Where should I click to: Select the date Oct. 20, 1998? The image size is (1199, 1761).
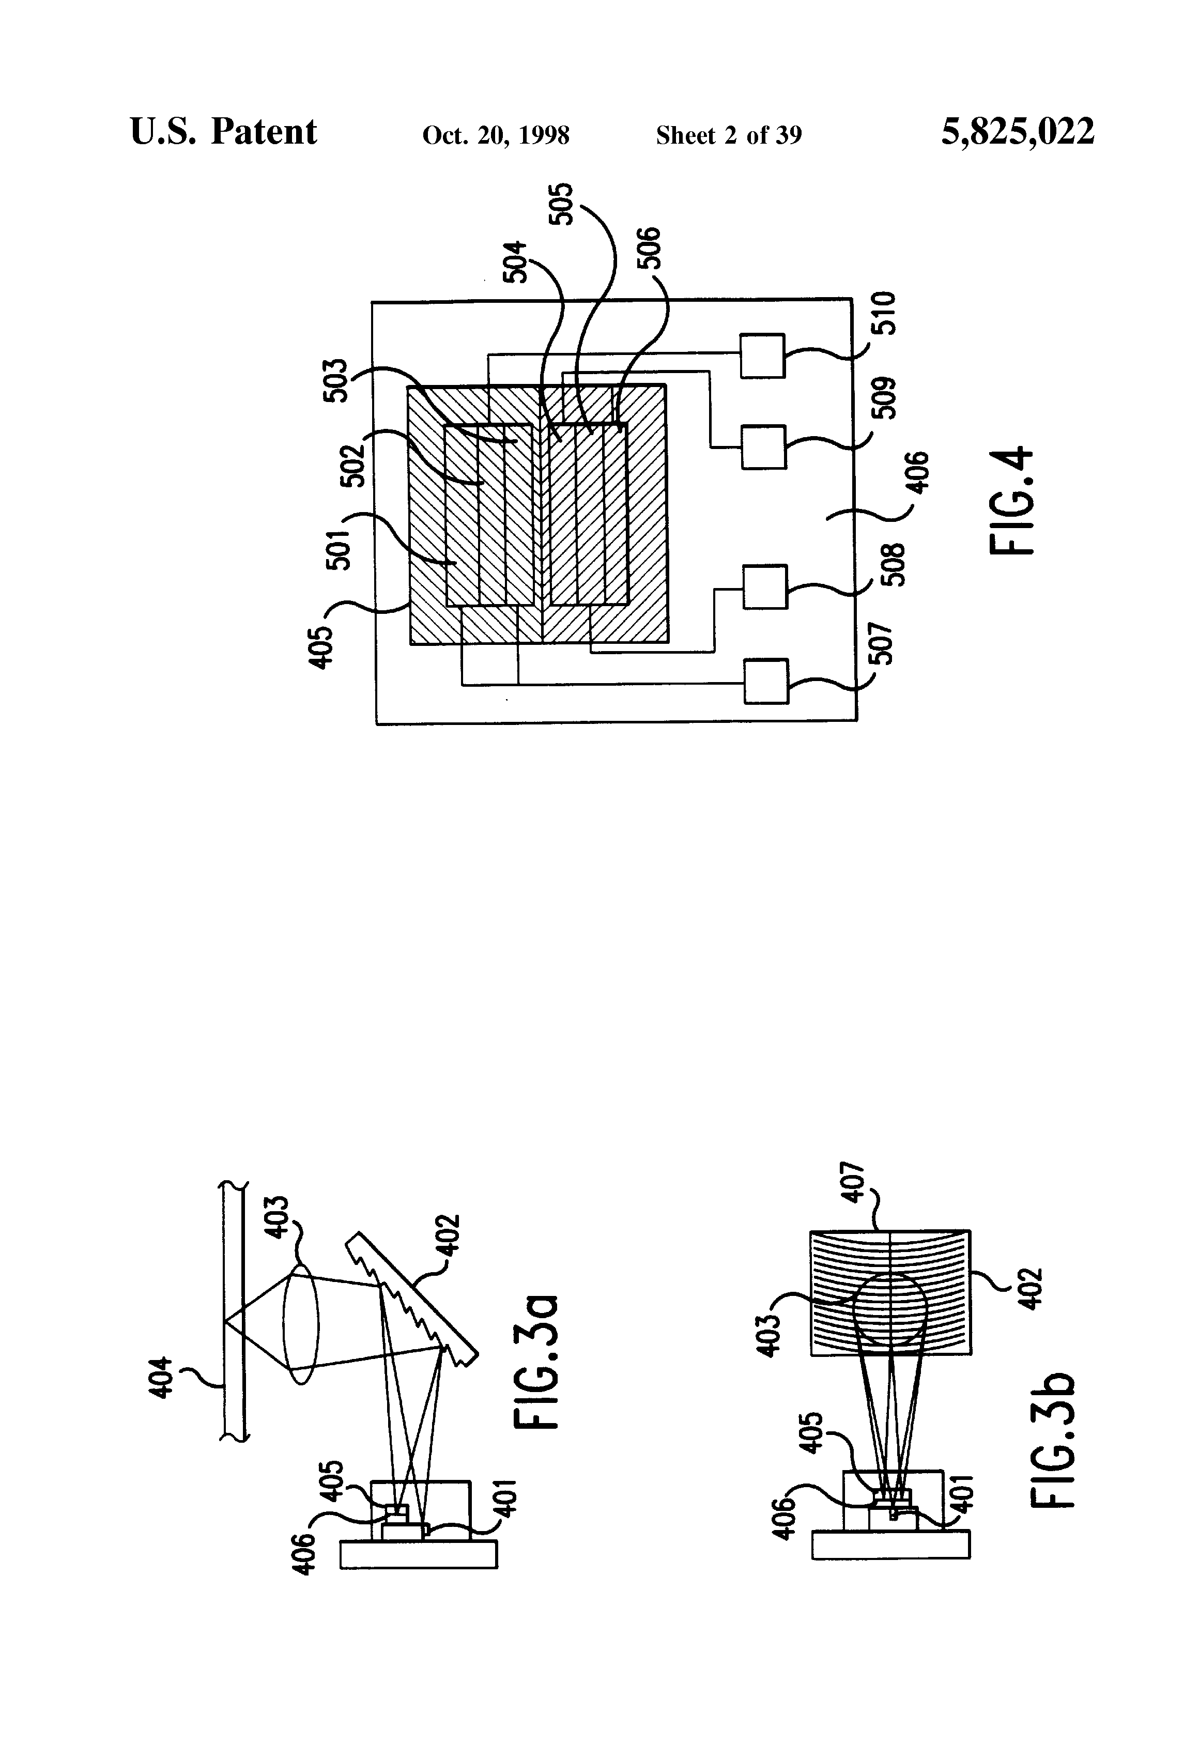pos(496,135)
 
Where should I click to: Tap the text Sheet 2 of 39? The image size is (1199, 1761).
pos(728,135)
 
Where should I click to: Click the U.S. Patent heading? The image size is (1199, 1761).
pos(224,132)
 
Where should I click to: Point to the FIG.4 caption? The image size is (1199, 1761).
pos(1012,501)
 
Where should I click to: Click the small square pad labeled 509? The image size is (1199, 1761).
pos(763,447)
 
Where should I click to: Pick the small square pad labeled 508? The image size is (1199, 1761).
pos(765,586)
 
